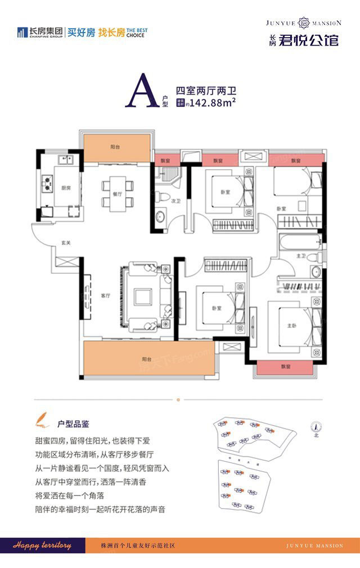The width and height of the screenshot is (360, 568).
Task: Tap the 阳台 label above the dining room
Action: click(x=115, y=147)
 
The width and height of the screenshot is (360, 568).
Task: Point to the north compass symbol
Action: click(x=316, y=427)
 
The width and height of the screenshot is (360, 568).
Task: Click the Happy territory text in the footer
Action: click(x=43, y=546)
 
